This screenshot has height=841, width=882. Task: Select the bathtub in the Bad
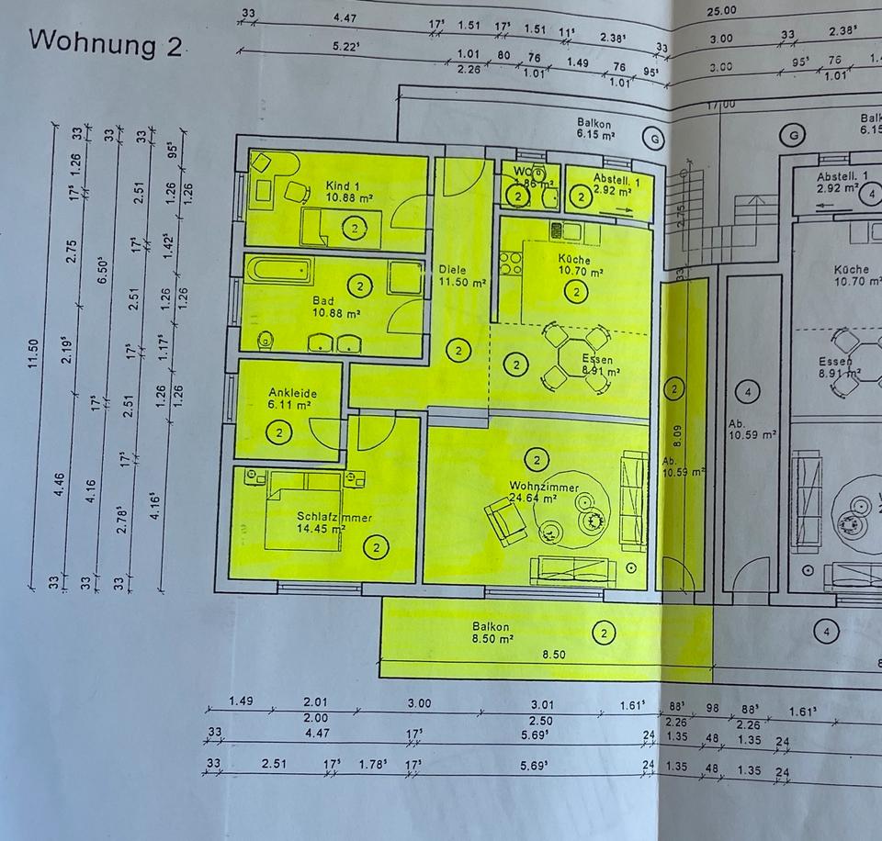[280, 271]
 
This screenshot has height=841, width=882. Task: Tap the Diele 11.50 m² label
[461, 276]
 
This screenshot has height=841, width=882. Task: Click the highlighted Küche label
[574, 260]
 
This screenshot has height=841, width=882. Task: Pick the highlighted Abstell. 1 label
[610, 180]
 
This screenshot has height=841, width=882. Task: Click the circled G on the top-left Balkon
[653, 139]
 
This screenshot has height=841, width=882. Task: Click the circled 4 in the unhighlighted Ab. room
[749, 393]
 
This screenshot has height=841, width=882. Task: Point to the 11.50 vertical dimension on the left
[33, 353]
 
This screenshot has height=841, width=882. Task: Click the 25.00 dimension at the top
[721, 10]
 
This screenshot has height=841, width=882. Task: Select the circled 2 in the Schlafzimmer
[378, 548]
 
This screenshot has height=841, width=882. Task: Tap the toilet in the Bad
[266, 339]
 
